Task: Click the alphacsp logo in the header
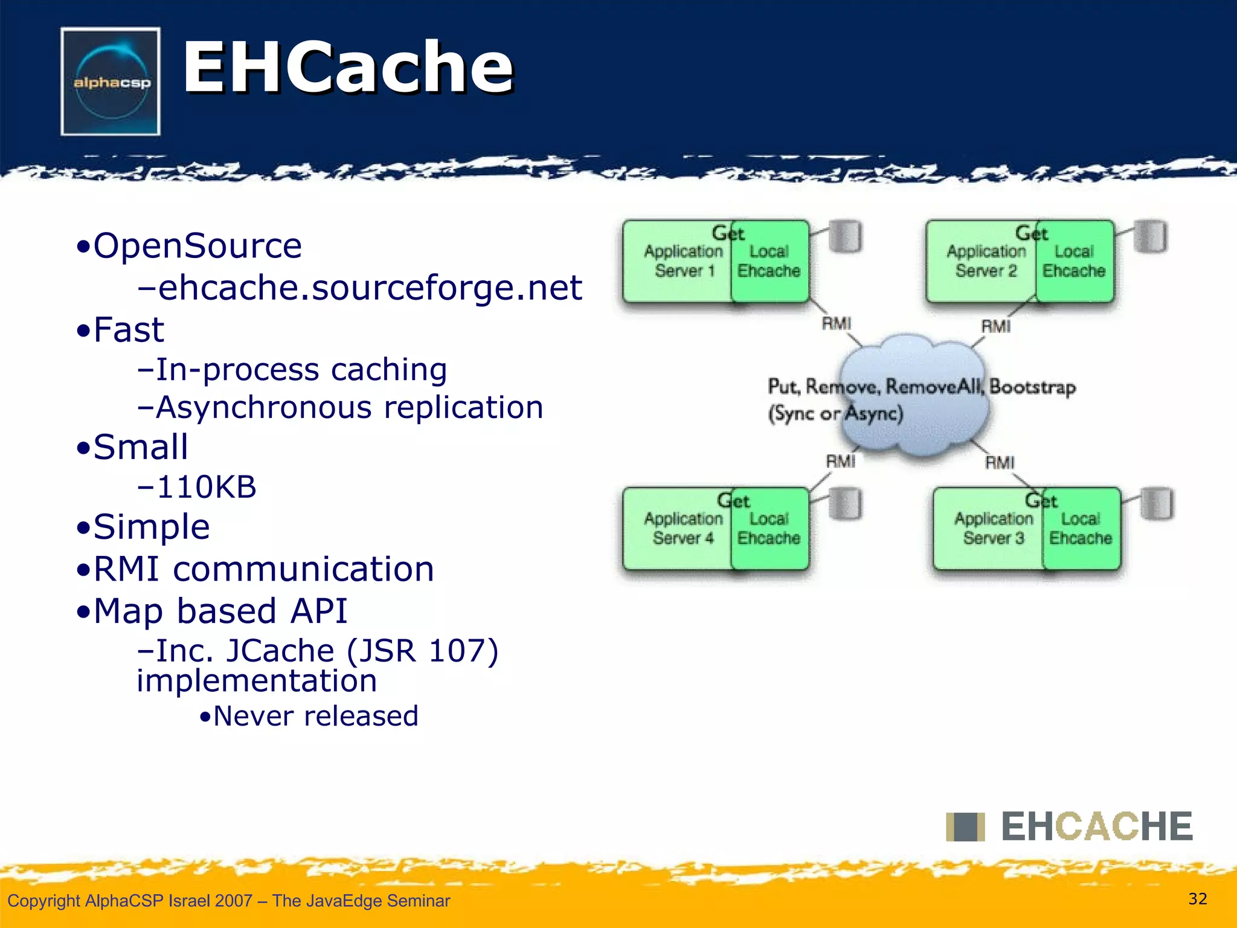click(x=111, y=82)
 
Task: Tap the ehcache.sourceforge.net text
click(x=360, y=288)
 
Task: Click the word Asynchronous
click(x=264, y=408)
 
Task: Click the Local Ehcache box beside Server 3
click(x=1081, y=529)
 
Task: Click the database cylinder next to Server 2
click(x=1150, y=237)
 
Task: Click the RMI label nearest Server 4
click(x=840, y=462)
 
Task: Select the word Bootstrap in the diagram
click(x=1032, y=387)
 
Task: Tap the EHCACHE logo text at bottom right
click(x=1096, y=826)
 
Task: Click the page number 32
click(x=1197, y=899)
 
